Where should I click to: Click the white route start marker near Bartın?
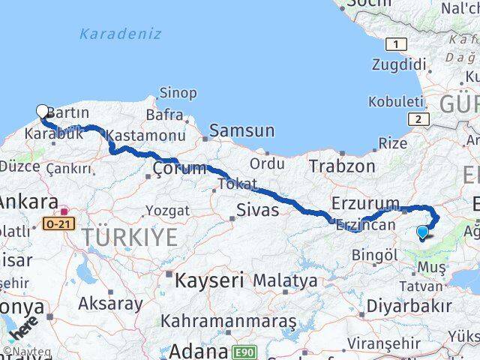tap(42, 112)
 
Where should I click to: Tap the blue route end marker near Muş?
tap(422, 232)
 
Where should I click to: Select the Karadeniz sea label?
tap(120, 34)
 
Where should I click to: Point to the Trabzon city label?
tap(342, 166)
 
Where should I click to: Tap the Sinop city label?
tap(178, 94)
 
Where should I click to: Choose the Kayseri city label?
tap(209, 281)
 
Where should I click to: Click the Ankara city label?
tap(28, 202)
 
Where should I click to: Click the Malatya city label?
tap(285, 280)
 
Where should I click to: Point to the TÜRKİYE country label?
tap(130, 238)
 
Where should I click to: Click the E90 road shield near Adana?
tap(244, 351)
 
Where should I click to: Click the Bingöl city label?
tap(374, 254)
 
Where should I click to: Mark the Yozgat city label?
tap(167, 210)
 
